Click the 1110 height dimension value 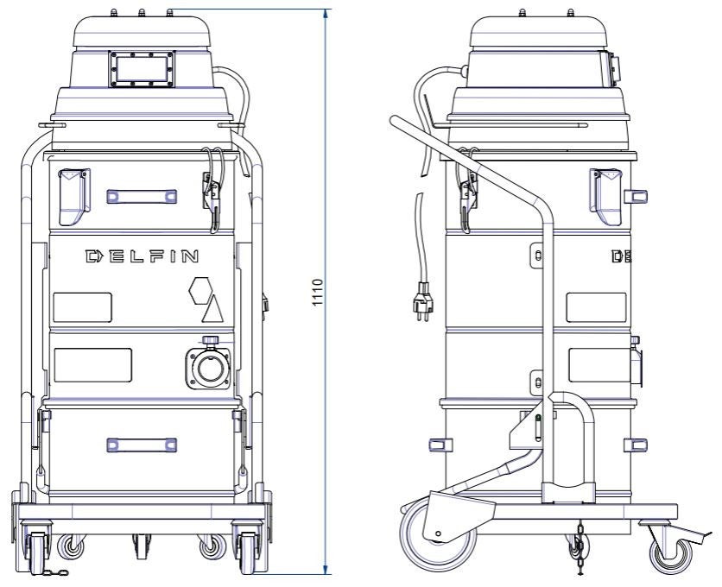click(x=318, y=293)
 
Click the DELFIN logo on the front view click(x=142, y=256)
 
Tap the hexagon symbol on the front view click(x=200, y=291)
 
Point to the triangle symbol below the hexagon click(x=212, y=309)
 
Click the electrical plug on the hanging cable click(x=422, y=301)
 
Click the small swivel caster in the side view click(x=670, y=554)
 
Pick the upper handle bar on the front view click(x=142, y=197)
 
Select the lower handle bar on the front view click(x=142, y=445)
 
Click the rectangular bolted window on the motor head click(x=142, y=69)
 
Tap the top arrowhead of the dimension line click(x=326, y=14)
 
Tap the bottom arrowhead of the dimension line click(x=326, y=570)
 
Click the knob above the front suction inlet click(x=211, y=340)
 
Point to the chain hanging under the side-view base click(x=579, y=548)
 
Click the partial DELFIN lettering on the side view click(x=622, y=256)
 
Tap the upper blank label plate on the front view click(x=82, y=307)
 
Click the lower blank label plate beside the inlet click(x=93, y=365)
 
